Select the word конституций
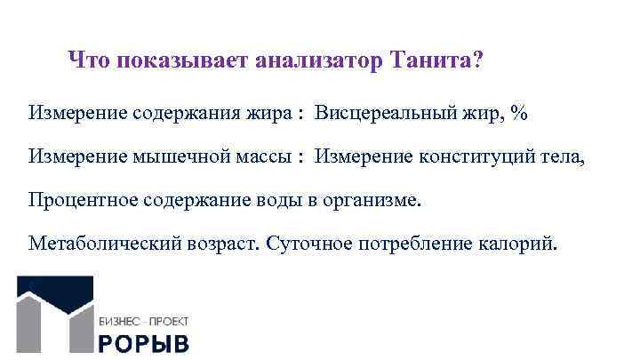pos(485,156)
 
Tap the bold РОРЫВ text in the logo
pos(143,344)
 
